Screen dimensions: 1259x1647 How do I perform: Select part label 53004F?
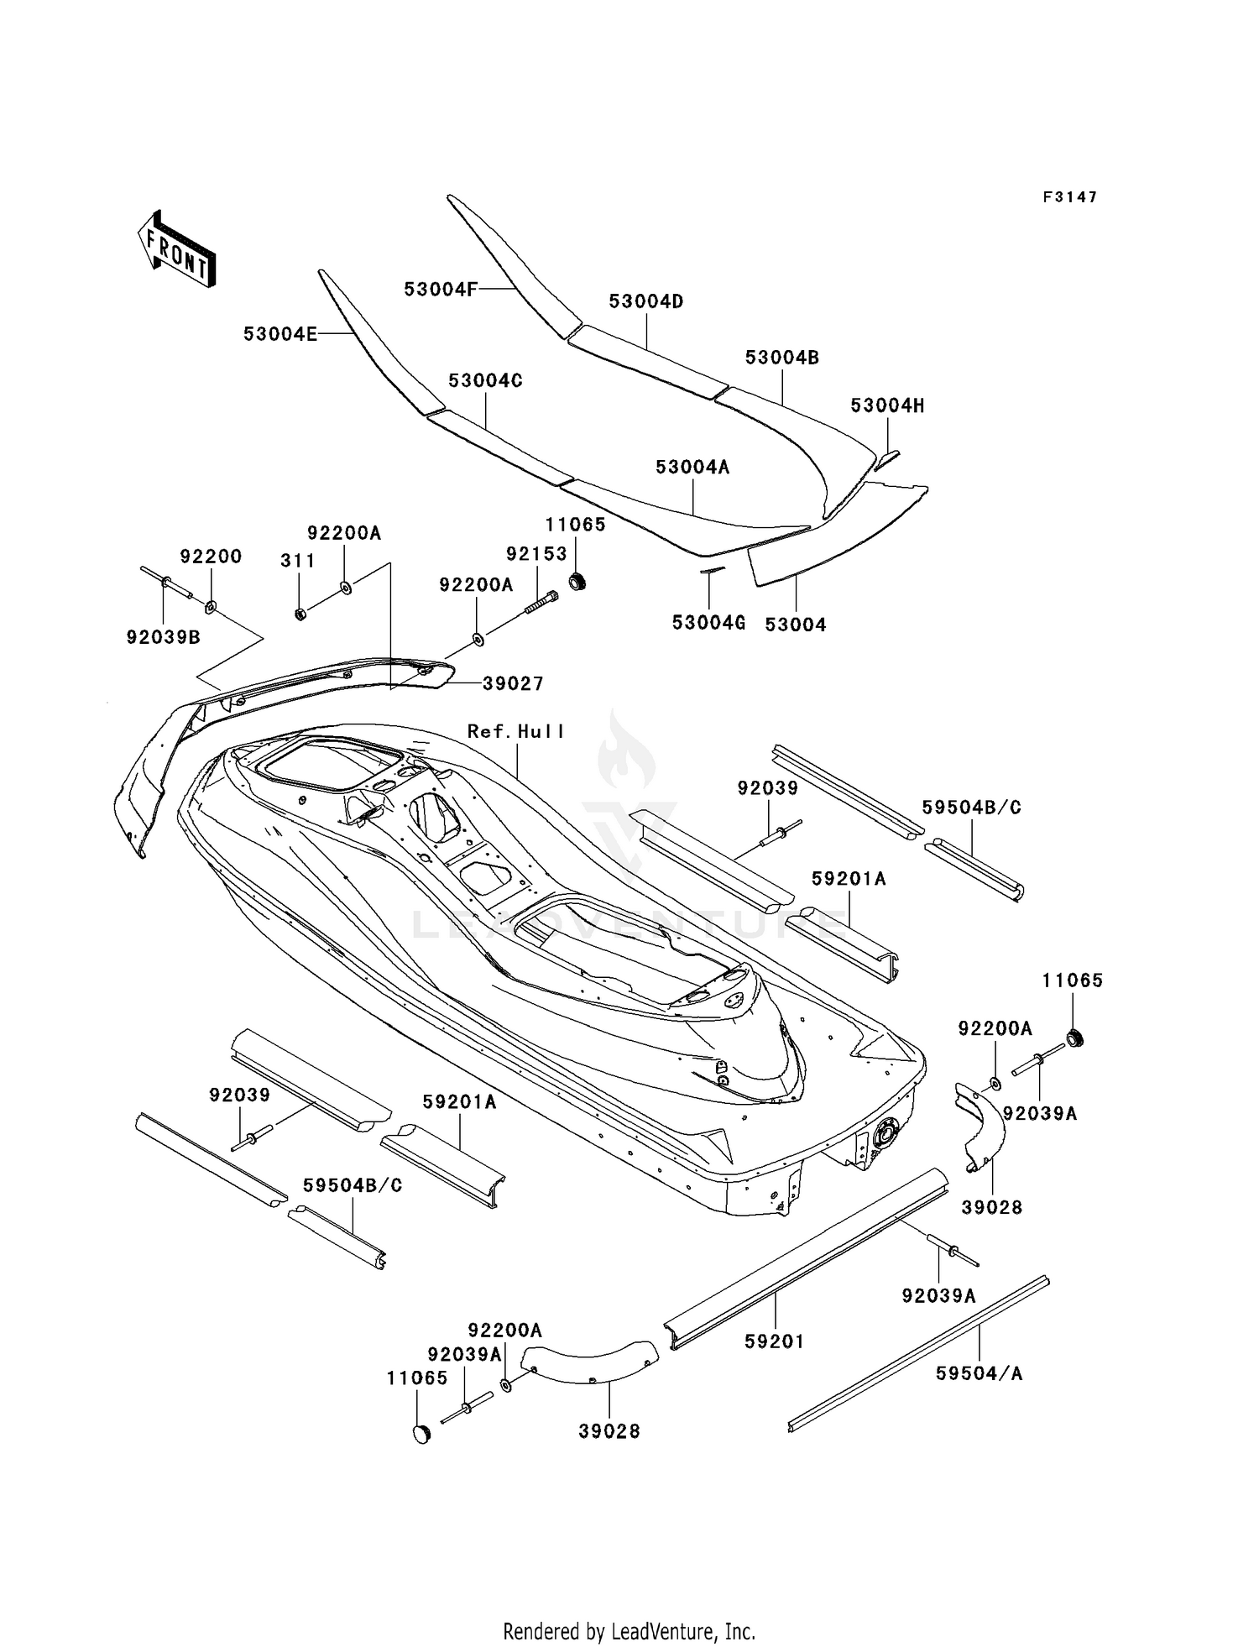point(441,289)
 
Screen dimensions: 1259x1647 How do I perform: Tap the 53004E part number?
point(280,334)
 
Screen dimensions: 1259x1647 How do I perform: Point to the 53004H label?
point(887,405)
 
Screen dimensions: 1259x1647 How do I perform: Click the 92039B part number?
point(164,637)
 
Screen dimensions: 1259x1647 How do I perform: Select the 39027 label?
point(513,683)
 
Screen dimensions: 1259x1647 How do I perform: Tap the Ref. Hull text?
point(516,731)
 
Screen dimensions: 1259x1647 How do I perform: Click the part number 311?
point(298,560)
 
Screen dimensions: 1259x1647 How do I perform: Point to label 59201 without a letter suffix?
point(775,1341)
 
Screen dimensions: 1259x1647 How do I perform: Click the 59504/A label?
point(980,1373)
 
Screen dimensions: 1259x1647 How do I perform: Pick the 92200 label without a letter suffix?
point(212,557)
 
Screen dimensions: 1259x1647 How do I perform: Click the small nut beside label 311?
point(301,614)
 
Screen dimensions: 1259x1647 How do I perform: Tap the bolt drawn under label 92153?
point(541,603)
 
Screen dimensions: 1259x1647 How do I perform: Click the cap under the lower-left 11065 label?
point(421,1433)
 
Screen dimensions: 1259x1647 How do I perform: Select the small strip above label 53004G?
point(709,571)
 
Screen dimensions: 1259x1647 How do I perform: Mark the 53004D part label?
point(646,301)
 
